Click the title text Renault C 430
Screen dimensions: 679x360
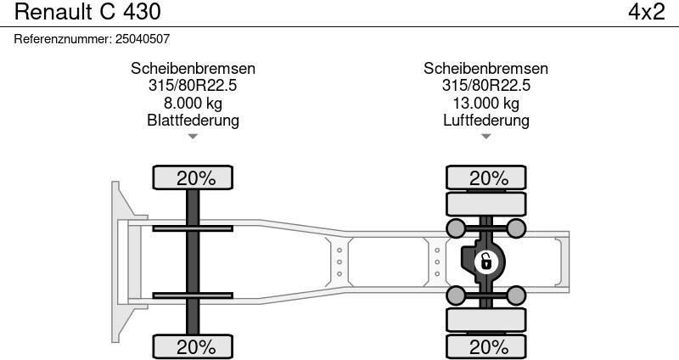pos(87,12)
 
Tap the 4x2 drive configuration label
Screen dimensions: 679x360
pos(646,12)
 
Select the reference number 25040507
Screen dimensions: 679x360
pos(143,39)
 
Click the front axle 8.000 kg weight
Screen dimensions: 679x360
pos(193,103)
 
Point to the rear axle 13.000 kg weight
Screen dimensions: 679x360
pos(485,103)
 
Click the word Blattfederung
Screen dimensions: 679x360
pos(193,120)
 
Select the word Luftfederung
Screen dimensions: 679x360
pos(485,120)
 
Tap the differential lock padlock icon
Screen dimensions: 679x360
pos(485,262)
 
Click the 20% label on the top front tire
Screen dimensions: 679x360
pos(196,178)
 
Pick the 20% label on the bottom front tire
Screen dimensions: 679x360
pos(196,347)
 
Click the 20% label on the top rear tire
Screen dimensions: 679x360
pos(489,178)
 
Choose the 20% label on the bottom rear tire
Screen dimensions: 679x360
pos(489,347)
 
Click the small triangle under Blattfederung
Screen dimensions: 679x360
pos(193,137)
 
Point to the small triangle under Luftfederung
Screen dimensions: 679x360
pos(485,137)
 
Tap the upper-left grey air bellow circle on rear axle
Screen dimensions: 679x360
pos(456,228)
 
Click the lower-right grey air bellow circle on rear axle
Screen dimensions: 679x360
pos(516,295)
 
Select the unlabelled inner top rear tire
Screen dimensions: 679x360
pos(485,204)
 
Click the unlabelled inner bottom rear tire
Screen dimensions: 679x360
pos(485,320)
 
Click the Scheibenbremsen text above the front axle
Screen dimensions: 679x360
pos(193,69)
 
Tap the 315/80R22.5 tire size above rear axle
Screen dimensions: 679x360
pos(485,86)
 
